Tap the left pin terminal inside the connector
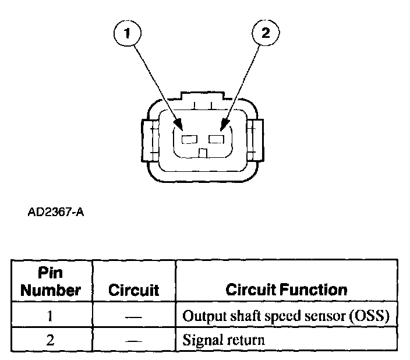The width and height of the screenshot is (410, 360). point(189,140)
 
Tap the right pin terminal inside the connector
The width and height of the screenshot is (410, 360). point(217,140)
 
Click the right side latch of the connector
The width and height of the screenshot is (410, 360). point(256,139)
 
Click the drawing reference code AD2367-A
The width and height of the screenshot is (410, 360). point(56,212)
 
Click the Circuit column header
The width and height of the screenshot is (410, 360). point(134,290)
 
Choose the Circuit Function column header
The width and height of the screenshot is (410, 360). point(286,290)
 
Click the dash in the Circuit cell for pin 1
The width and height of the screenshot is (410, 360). point(134,317)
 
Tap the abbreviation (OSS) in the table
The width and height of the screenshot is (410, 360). point(370,317)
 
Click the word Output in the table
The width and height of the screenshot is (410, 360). point(200,317)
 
